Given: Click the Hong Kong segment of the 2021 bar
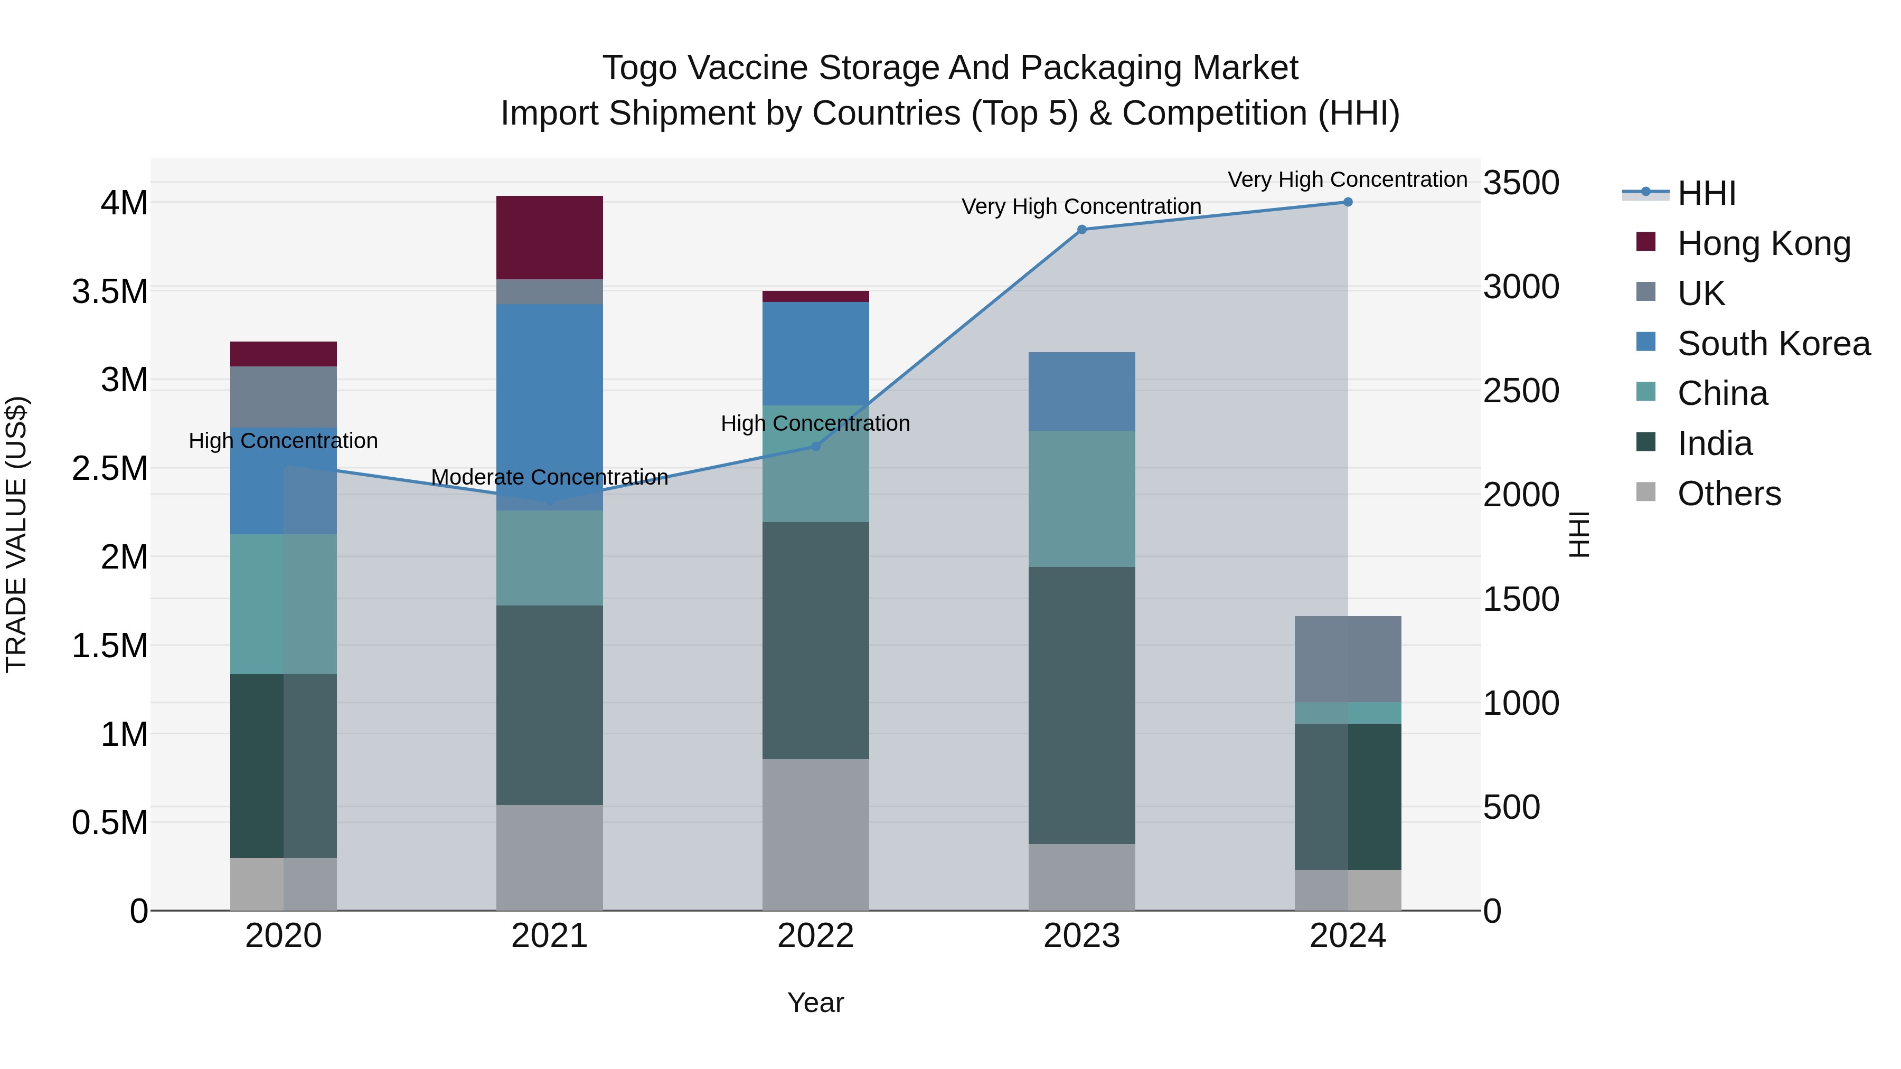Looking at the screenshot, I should pyautogui.click(x=549, y=238).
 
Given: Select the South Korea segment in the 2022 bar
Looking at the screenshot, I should pyautogui.click(x=815, y=353).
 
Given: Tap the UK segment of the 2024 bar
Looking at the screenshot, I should pyautogui.click(x=1348, y=659).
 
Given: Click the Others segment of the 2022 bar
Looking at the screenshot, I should pyautogui.click(x=815, y=835).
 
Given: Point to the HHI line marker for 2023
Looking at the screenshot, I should pyautogui.click(x=1082, y=230).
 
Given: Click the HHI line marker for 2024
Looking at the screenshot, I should pyautogui.click(x=1348, y=202).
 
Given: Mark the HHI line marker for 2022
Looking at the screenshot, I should pyautogui.click(x=815, y=446).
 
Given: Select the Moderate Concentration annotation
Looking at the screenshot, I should pyautogui.click(x=549, y=477).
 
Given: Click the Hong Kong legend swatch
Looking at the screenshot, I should pyautogui.click(x=1645, y=242).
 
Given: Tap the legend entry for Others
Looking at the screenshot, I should pyautogui.click(x=1728, y=494).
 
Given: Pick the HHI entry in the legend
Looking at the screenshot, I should pyautogui.click(x=1706, y=193).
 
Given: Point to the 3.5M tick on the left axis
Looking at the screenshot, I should pyautogui.click(x=110, y=291).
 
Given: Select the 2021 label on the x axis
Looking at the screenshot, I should pyautogui.click(x=549, y=936).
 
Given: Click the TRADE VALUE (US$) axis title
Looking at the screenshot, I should pyautogui.click(x=16, y=534).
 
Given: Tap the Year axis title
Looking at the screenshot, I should pyautogui.click(x=815, y=1002).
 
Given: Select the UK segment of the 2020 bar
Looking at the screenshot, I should pyautogui.click(x=284, y=397).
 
